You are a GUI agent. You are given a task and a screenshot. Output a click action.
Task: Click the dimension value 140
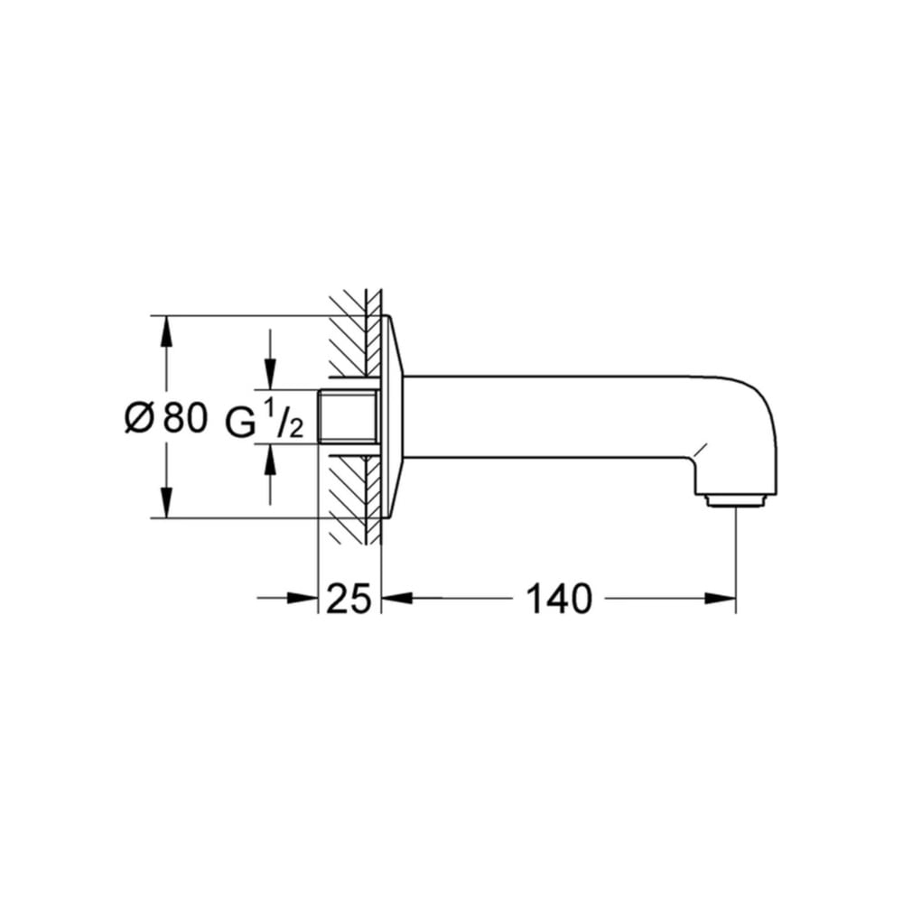click(559, 599)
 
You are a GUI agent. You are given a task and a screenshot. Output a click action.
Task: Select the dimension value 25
click(349, 599)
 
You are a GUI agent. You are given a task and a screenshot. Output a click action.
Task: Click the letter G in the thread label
click(240, 424)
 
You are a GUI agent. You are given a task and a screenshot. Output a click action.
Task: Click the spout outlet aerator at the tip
click(736, 500)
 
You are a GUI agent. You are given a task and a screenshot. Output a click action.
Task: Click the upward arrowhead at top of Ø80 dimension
click(166, 331)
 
